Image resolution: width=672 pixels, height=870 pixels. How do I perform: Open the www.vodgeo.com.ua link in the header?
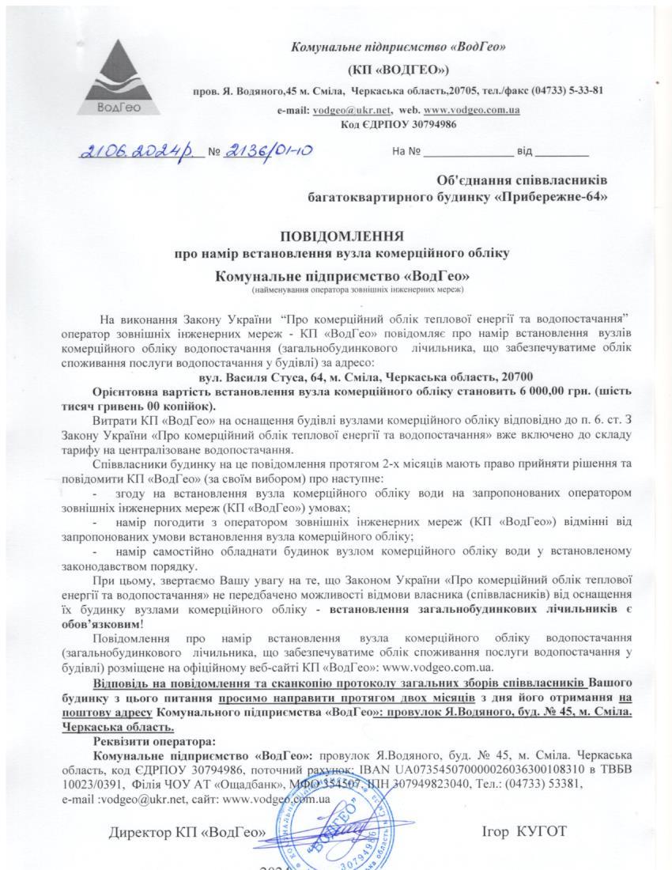471,111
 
